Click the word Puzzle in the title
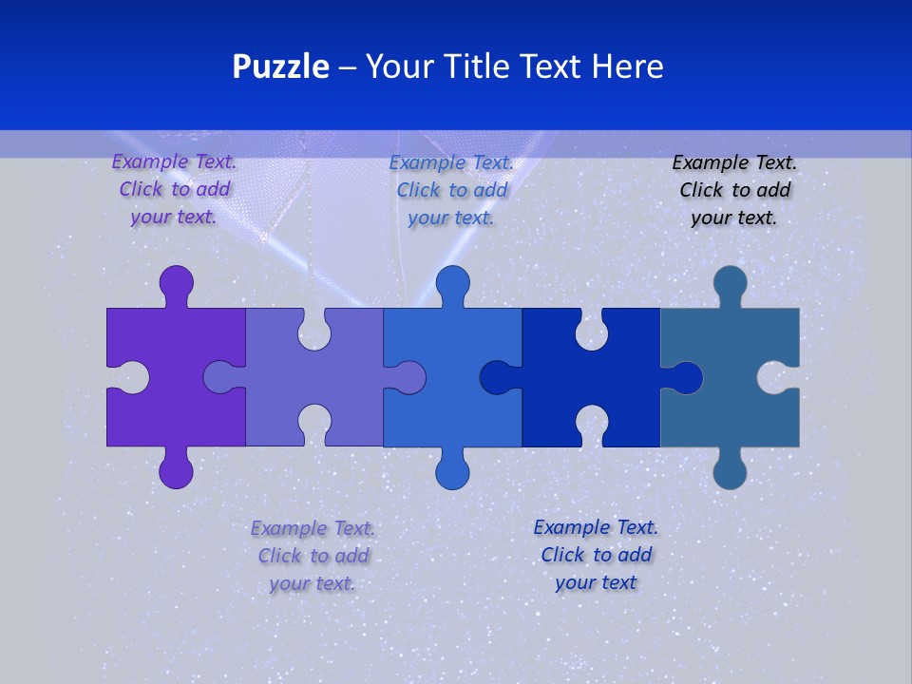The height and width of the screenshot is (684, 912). (x=280, y=66)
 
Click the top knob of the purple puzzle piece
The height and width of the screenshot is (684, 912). (x=176, y=283)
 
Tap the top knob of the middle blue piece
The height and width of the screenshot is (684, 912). (x=452, y=283)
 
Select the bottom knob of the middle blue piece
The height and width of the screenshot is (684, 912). (x=452, y=471)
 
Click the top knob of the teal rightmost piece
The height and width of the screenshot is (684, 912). (x=730, y=283)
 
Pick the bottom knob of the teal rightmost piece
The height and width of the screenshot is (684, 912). (x=730, y=471)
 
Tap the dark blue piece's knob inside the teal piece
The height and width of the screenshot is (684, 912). (x=685, y=378)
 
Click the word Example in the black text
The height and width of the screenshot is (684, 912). (x=709, y=162)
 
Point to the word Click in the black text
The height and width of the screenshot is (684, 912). (x=701, y=190)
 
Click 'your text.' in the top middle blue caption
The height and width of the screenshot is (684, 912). (x=451, y=218)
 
